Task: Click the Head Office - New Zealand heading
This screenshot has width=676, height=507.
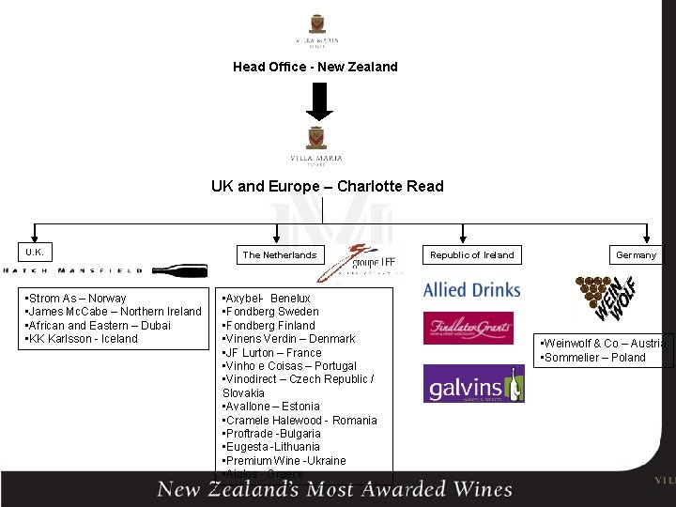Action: pyautogui.click(x=315, y=67)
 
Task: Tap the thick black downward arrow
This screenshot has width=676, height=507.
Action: pyautogui.click(x=320, y=101)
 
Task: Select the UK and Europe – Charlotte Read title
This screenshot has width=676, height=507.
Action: pyautogui.click(x=327, y=186)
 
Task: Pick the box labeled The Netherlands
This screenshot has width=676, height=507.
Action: pyautogui.click(x=280, y=254)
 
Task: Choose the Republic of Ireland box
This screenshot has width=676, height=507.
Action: pyautogui.click(x=472, y=254)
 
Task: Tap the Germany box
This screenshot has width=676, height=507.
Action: pyautogui.click(x=636, y=254)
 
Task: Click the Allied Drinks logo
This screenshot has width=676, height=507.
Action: pyautogui.click(x=471, y=290)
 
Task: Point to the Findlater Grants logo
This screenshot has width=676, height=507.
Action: pyautogui.click(x=468, y=328)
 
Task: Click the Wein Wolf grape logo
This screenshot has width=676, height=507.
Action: pyautogui.click(x=606, y=297)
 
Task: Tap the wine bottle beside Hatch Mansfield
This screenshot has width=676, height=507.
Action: pyautogui.click(x=179, y=270)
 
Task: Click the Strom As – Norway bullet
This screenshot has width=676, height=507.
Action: pyautogui.click(x=77, y=299)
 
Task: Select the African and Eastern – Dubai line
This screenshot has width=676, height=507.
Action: pyautogui.click(x=99, y=326)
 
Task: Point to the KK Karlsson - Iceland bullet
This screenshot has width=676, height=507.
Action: pyautogui.click(x=83, y=339)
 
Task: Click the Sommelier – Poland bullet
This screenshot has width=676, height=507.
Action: pyautogui.click(x=592, y=358)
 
